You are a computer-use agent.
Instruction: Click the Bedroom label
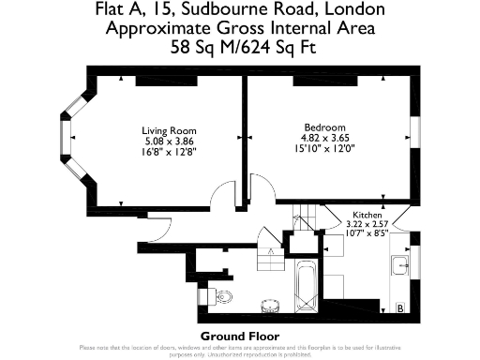click(324, 127)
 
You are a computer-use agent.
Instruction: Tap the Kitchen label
click(367, 215)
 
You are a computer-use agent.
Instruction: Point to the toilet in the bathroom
click(222, 296)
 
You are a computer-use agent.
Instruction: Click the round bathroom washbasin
click(269, 304)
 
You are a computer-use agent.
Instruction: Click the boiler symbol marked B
click(400, 307)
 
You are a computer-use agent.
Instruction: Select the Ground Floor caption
click(239, 335)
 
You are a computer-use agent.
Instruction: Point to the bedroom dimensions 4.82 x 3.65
click(324, 138)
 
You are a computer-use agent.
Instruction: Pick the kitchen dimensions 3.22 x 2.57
click(367, 224)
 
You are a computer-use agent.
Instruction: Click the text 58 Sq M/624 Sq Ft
click(239, 45)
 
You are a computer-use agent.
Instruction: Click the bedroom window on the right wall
click(414, 128)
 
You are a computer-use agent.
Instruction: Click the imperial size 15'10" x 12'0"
click(324, 148)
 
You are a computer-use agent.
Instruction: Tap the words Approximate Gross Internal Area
click(239, 27)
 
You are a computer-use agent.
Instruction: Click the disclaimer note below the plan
click(239, 351)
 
